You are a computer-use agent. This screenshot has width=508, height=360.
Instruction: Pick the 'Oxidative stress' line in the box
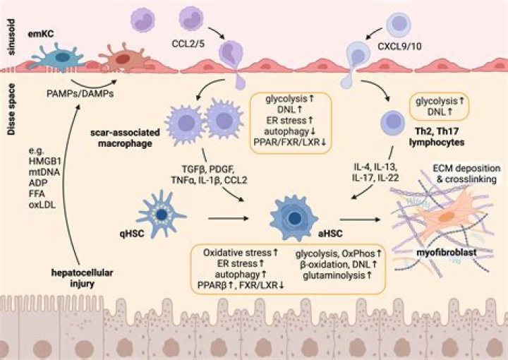tap(238, 253)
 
